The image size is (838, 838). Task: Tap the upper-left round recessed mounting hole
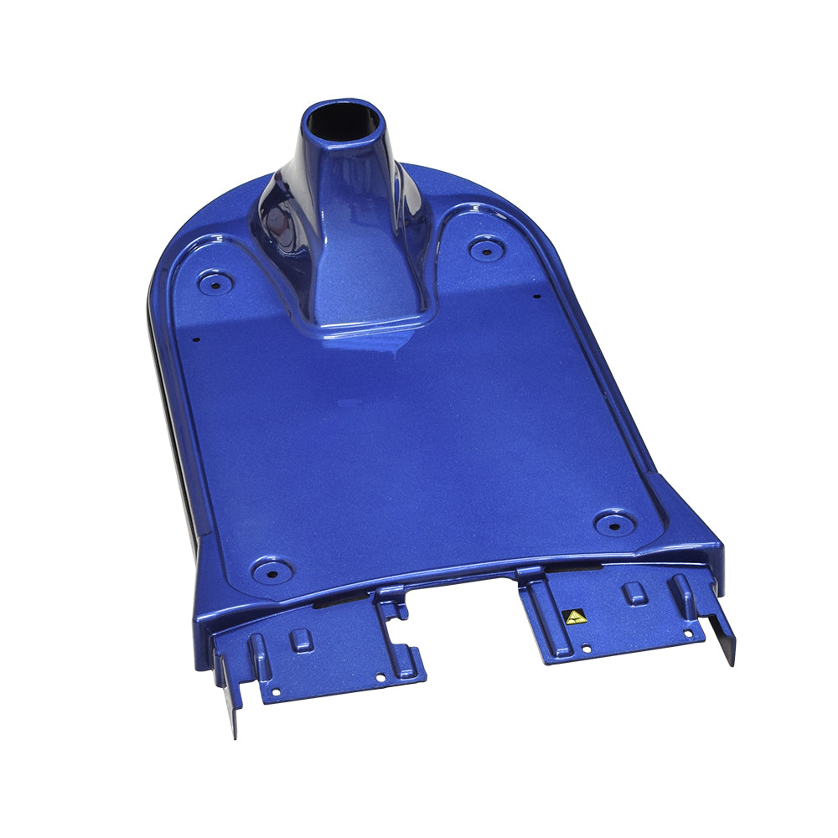click(x=215, y=282)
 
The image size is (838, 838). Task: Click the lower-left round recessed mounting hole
click(x=272, y=571)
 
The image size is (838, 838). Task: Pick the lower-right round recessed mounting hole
click(x=613, y=523)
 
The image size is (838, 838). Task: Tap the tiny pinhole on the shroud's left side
click(x=196, y=339)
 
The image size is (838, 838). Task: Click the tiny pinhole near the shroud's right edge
click(x=536, y=294)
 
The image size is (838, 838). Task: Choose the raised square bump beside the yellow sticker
click(x=635, y=592)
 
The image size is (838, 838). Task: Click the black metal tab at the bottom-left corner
click(x=230, y=696)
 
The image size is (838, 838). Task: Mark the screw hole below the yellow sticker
click(x=585, y=648)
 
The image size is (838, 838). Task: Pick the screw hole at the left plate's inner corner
click(x=380, y=676)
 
